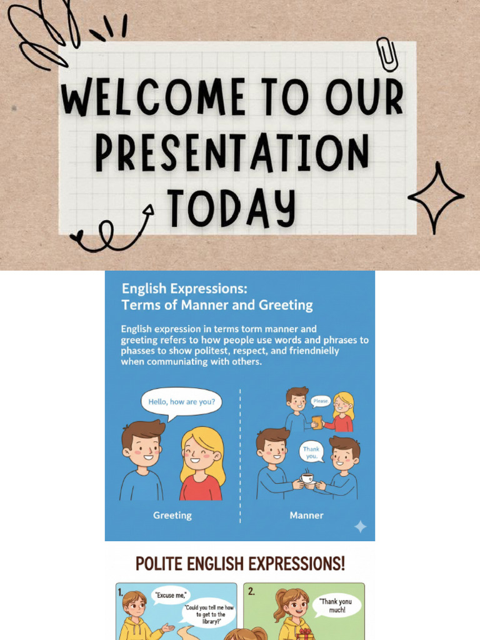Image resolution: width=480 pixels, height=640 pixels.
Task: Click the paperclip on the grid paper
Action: [387, 54]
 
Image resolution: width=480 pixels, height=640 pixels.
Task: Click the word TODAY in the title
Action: [231, 208]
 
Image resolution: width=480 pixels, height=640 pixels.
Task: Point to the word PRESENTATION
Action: [232, 152]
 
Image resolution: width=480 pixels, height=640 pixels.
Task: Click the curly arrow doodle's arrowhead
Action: [149, 209]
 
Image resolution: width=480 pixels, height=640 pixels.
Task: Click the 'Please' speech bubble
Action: [321, 401]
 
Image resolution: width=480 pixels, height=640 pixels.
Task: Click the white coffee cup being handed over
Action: [307, 478]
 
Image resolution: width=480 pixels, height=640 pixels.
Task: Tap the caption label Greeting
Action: [172, 516]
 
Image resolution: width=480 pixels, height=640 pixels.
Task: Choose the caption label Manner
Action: [306, 516]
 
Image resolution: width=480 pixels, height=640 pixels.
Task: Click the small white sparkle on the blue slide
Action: [361, 526]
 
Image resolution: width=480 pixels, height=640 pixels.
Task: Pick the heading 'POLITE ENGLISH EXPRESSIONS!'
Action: [240, 564]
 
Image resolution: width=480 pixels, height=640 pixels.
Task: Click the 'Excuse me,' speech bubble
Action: [171, 596]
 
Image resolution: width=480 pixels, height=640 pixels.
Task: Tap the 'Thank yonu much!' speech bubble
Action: [337, 606]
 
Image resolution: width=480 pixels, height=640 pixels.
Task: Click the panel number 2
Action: [251, 591]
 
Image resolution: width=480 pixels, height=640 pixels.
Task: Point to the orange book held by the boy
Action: [317, 422]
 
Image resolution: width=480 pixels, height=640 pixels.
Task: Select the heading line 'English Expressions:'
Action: [184, 289]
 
